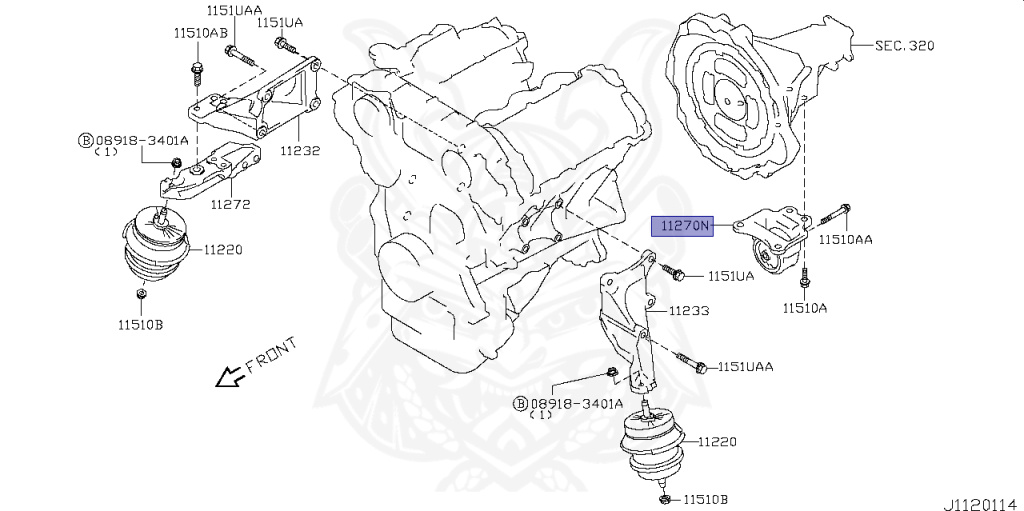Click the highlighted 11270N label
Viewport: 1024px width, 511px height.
coord(682,227)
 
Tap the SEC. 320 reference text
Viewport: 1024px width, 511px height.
coord(905,46)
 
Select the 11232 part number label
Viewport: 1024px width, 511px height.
coord(300,151)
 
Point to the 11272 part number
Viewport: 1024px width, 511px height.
coord(230,204)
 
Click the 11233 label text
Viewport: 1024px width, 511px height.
coord(689,311)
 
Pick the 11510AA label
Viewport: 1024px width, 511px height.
coord(846,241)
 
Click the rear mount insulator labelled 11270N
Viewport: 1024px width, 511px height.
coord(775,245)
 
